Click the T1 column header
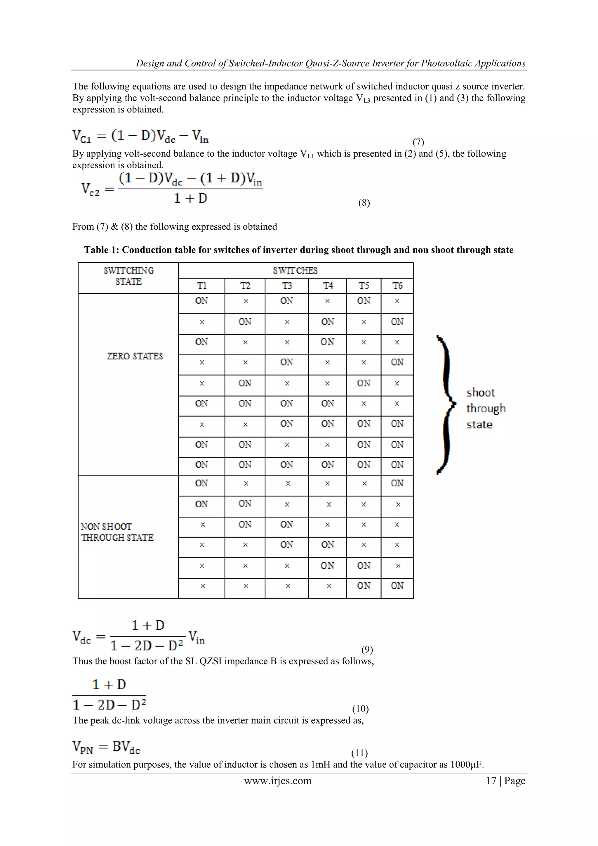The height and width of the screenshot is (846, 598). (201, 286)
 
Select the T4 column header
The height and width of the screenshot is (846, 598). (327, 286)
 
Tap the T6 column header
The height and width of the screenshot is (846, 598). (397, 286)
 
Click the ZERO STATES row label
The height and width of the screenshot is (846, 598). (135, 356)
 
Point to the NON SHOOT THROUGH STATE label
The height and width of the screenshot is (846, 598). (117, 532)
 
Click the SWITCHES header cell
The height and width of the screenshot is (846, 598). (295, 270)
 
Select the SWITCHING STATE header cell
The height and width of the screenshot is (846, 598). (128, 276)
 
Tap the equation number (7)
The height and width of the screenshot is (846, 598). (418, 142)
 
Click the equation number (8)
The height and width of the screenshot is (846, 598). (364, 203)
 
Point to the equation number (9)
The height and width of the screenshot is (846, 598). (367, 650)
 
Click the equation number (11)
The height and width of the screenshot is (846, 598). (359, 753)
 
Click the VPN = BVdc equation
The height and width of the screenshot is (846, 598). (106, 747)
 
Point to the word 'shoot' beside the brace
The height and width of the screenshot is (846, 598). (481, 393)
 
